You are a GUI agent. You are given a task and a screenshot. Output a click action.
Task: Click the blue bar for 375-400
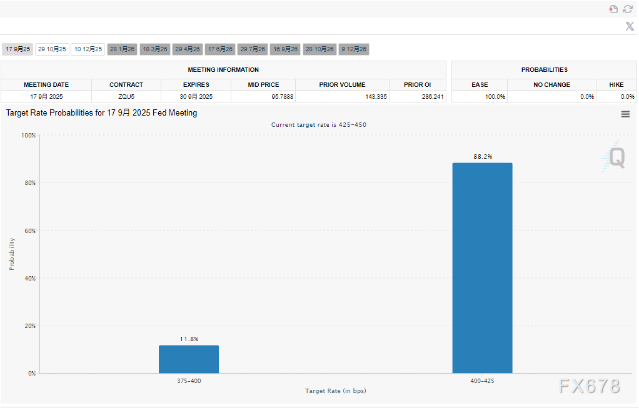coord(189,359)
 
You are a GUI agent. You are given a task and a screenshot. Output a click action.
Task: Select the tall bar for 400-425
coord(482,268)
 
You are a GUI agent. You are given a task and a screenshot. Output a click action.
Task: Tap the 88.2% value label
coord(483,157)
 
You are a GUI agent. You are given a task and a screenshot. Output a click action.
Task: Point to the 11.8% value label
coord(189,339)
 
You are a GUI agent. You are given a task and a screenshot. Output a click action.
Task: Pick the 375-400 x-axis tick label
coord(189,381)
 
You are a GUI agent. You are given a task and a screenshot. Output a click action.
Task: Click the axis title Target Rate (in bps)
coord(335,391)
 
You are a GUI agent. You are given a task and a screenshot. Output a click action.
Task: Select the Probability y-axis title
coord(12,254)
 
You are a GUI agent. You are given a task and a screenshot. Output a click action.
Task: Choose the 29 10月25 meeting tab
coord(52,49)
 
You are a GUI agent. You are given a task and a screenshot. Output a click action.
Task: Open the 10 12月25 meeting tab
coord(88,49)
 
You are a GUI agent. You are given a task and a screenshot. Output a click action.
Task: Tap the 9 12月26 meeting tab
coord(354,49)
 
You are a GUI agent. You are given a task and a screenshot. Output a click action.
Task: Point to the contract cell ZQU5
coord(126,97)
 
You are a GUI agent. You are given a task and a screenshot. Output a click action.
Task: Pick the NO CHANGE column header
coord(551,84)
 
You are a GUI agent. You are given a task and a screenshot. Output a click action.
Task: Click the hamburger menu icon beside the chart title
coord(625,114)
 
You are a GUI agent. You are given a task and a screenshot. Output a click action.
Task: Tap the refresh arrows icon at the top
coord(628,9)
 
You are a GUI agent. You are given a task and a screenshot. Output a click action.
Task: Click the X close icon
coord(630,26)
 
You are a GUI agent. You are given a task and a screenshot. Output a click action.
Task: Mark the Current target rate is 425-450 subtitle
coord(319,125)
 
